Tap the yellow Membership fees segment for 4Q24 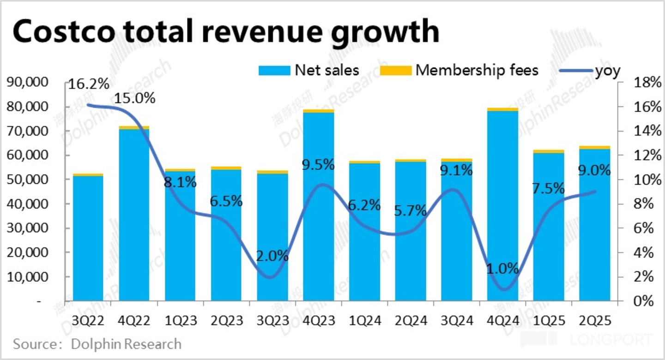(x=502, y=109)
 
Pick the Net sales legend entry (x=308, y=71)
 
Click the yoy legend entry (x=589, y=71)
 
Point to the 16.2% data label (x=89, y=84)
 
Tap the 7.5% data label (x=548, y=189)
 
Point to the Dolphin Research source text (x=126, y=344)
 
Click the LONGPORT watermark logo (x=610, y=341)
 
